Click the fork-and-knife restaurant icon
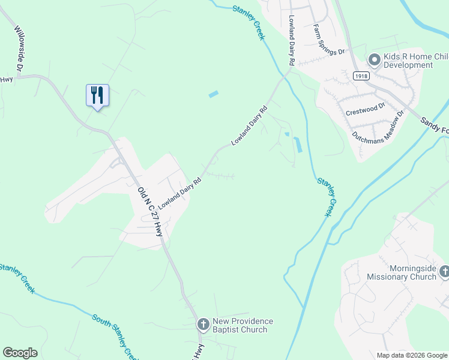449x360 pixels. (97, 95)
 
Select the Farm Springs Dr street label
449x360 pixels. (329, 40)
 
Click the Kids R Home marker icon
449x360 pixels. (374, 59)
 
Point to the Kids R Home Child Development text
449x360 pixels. (408, 61)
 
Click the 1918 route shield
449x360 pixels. (361, 76)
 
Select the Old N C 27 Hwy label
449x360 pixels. (150, 211)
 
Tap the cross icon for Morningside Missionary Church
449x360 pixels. (444, 272)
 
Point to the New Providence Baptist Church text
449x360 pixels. (244, 325)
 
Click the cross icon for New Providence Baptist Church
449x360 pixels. (203, 325)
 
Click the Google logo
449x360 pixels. (20, 353)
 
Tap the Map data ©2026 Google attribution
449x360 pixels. (411, 355)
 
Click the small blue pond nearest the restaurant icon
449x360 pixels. (213, 94)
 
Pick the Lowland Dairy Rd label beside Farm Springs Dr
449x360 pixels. (292, 41)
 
